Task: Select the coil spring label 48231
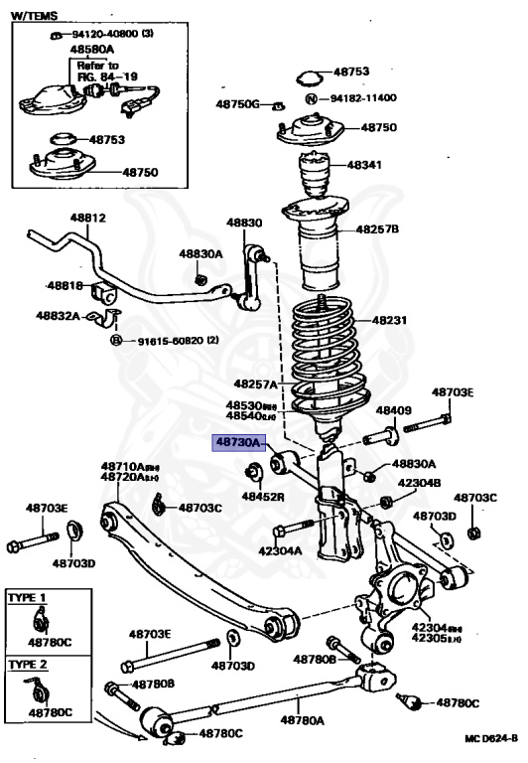[x=390, y=321]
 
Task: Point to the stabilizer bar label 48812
[x=87, y=218]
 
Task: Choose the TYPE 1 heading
[x=27, y=598]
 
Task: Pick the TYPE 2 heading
[x=27, y=662]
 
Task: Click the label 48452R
[x=263, y=496]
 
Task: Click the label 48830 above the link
[x=243, y=223]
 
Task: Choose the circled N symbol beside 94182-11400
[x=310, y=99]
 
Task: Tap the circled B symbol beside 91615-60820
[x=115, y=341]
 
